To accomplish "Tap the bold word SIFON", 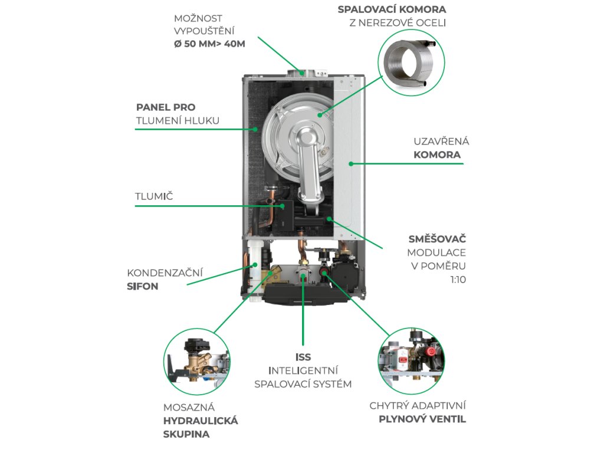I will pyautogui.click(x=143, y=286).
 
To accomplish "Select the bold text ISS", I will pyautogui.click(x=303, y=357).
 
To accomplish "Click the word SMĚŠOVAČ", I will pyautogui.click(x=438, y=239).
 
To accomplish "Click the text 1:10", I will pyautogui.click(x=458, y=280).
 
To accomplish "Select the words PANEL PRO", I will pyautogui.click(x=166, y=107).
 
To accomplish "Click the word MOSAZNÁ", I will pyautogui.click(x=189, y=407).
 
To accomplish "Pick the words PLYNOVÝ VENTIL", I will pyautogui.click(x=422, y=419).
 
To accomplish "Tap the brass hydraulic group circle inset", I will pyautogui.click(x=196, y=360).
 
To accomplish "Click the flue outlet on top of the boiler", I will pyautogui.click(x=301, y=73).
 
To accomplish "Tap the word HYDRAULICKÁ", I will pyautogui.click(x=201, y=421).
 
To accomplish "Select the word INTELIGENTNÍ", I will pyautogui.click(x=303, y=370).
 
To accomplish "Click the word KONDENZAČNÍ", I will pyautogui.click(x=165, y=273).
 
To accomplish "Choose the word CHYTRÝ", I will pyautogui.click(x=389, y=406).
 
